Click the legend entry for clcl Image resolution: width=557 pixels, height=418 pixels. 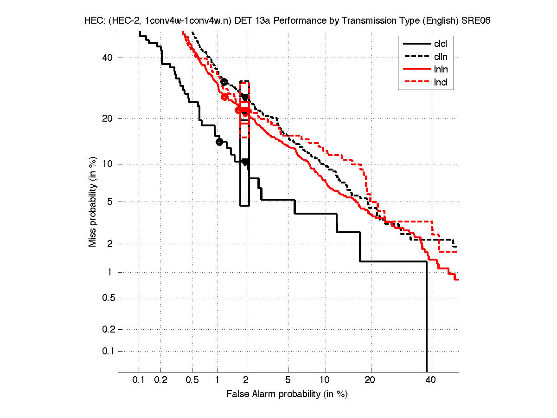[x=441, y=44]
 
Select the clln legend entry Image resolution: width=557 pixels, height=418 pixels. [x=441, y=57]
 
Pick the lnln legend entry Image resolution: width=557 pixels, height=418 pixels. [x=441, y=70]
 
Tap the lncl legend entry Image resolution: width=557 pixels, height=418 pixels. [x=441, y=83]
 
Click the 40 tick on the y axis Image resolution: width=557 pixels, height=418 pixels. [x=108, y=58]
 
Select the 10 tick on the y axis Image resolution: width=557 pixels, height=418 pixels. [x=108, y=164]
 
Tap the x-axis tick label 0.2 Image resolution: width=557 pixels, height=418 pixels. [x=160, y=380]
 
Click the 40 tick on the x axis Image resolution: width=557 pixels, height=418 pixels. [x=431, y=380]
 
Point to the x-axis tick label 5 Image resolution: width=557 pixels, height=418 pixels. [x=288, y=380]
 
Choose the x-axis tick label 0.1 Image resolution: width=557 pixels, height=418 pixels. [x=139, y=380]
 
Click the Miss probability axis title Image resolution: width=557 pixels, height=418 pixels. [x=93, y=202]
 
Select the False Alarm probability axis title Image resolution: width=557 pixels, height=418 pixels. [x=287, y=394]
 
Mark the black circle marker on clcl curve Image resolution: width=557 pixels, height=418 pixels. [x=219, y=142]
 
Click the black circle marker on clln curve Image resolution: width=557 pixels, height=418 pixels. [x=224, y=82]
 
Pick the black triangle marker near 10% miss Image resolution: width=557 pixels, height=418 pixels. [x=245, y=162]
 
